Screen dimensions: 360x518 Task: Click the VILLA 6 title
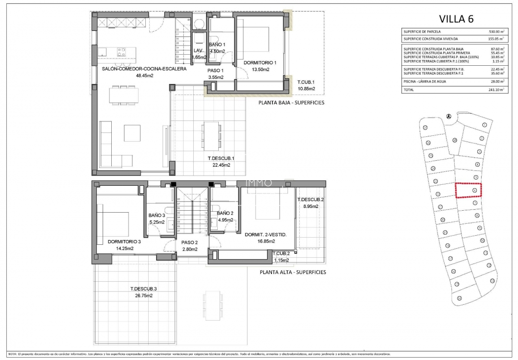pos(456,19)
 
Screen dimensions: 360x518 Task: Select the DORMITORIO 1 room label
pos(260,63)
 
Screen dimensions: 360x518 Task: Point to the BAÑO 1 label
pos(217,45)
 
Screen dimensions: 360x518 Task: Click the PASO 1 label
pos(216,70)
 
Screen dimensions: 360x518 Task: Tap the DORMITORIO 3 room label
pos(124,241)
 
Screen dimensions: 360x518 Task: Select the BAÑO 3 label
pos(157,216)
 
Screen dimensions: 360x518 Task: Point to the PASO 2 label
pos(190,242)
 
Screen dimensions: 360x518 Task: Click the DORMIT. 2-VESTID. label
pos(265,235)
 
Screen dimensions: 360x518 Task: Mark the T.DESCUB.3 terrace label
pos(143,289)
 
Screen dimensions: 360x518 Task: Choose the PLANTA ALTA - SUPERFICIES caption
pos(293,272)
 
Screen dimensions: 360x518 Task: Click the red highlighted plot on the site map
pos(468,191)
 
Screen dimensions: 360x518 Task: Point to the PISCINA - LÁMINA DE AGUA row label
pos(427,82)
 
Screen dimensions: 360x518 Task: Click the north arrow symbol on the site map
pos(449,116)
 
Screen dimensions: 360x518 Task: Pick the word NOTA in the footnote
pos(13,354)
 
